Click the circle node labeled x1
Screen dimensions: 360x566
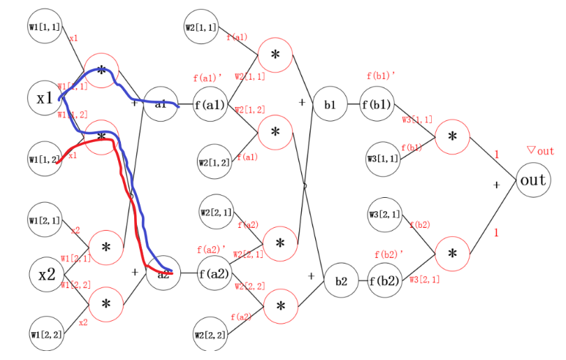tap(45, 99)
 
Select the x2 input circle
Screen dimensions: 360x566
tap(47, 274)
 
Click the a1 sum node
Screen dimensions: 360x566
tap(160, 104)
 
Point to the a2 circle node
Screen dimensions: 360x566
tap(163, 273)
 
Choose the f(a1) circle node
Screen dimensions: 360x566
tap(210, 106)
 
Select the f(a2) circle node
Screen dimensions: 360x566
tap(213, 273)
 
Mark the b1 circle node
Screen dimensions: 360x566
tap(330, 105)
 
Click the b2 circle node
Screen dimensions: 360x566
tap(340, 282)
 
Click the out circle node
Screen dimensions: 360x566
tap(533, 180)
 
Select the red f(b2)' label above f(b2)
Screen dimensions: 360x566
tap(389, 254)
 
